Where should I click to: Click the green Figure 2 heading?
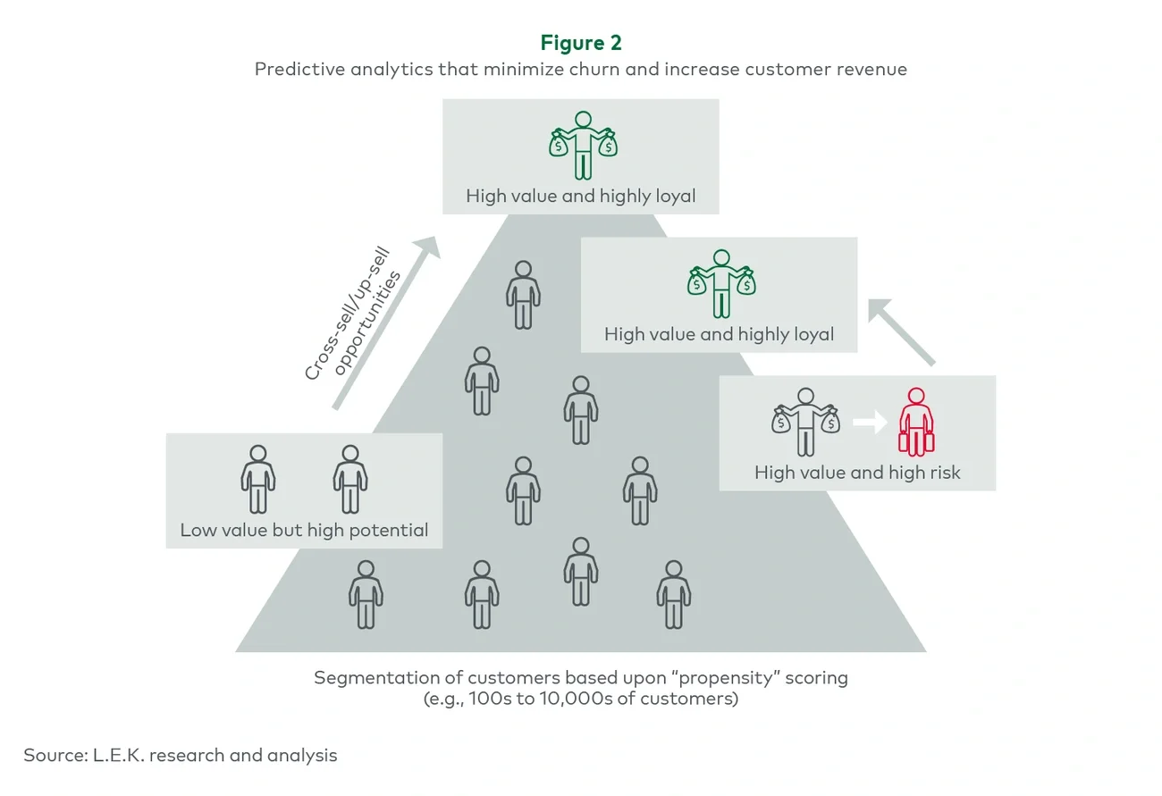[580, 42]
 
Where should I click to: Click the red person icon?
[916, 421]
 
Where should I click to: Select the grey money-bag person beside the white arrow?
[805, 422]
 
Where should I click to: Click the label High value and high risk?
[857, 473]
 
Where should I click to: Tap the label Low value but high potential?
[304, 530]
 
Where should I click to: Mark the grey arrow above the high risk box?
[901, 331]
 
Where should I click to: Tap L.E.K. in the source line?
[118, 755]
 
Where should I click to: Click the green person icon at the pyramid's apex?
[583, 145]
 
